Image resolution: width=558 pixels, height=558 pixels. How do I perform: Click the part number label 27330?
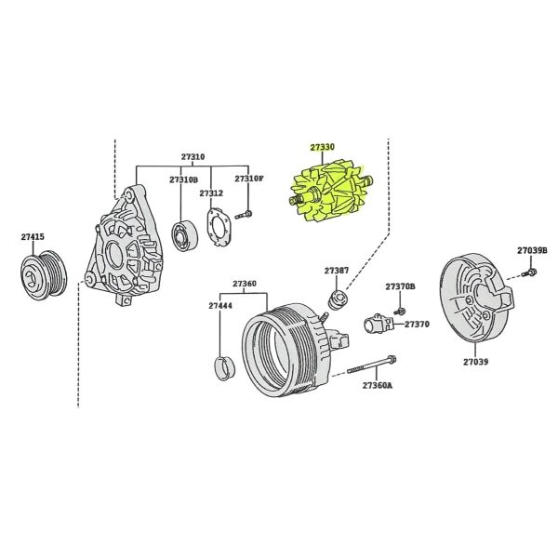tap(322, 147)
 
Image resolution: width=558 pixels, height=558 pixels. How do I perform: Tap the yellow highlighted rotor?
tap(330, 191)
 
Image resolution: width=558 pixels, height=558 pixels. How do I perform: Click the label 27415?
tap(33, 236)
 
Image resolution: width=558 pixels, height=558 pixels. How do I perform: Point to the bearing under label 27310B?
tap(185, 235)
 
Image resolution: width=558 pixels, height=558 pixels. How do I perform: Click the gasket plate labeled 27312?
tap(219, 228)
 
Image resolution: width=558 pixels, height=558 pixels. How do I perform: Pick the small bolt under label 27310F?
tap(244, 215)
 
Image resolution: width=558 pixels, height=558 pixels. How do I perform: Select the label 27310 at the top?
tap(193, 156)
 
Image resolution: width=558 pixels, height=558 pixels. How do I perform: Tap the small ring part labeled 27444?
tap(224, 367)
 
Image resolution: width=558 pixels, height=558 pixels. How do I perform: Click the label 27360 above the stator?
tap(244, 284)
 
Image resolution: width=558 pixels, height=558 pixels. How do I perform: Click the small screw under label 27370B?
tap(400, 311)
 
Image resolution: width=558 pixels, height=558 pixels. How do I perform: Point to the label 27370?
tap(417, 325)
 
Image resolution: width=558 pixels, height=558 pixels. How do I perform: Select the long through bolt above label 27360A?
tap(371, 365)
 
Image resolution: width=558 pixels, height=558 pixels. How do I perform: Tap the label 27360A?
tap(378, 385)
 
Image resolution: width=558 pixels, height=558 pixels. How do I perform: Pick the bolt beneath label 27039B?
tap(529, 272)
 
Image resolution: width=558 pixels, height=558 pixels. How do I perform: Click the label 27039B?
tap(532, 250)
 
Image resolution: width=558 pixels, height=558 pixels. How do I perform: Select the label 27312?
tap(211, 193)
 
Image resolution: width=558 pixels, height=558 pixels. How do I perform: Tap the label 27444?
tap(220, 306)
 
